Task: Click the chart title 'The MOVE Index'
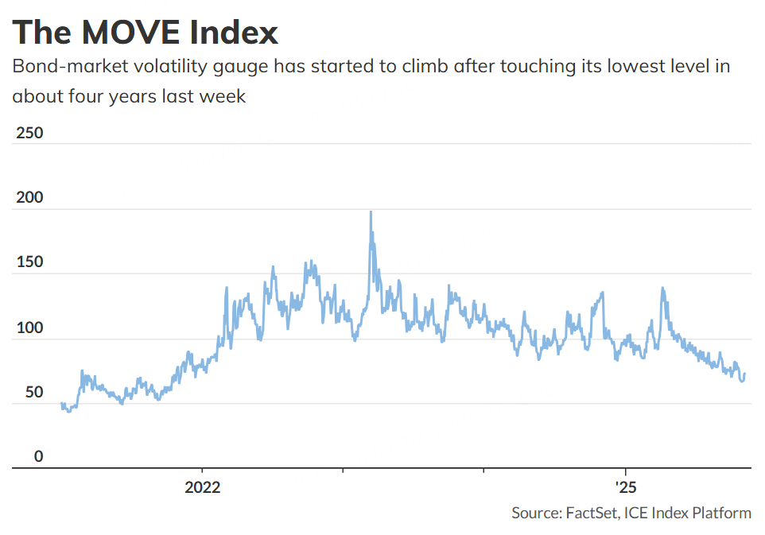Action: (x=146, y=33)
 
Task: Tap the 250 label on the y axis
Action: (x=29, y=132)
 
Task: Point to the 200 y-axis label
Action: (x=29, y=197)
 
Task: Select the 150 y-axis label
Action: (x=29, y=262)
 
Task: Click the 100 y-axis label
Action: (x=29, y=328)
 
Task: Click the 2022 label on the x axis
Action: (x=203, y=487)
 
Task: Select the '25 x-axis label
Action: (x=625, y=487)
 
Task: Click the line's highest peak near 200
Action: (x=371, y=212)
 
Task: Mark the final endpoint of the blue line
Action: (x=744, y=374)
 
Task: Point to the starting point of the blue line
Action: (x=61, y=404)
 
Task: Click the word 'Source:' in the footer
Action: (x=537, y=513)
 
